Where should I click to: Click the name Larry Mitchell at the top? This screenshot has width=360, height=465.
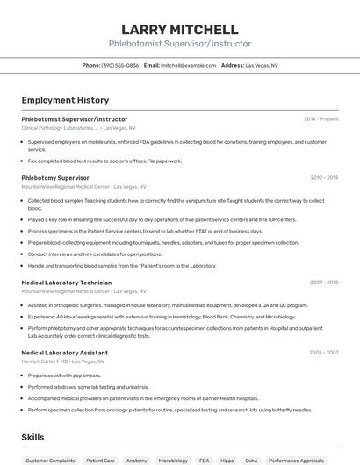[179, 30]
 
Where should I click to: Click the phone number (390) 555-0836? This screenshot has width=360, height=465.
[119, 65]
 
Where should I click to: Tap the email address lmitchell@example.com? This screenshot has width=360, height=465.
[187, 65]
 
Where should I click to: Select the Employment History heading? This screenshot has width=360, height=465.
[65, 100]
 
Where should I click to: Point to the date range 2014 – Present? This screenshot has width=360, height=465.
[320, 118]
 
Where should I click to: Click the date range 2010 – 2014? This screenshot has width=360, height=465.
[324, 177]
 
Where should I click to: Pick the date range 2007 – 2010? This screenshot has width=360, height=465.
[324, 283]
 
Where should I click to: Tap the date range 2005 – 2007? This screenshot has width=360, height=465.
[324, 352]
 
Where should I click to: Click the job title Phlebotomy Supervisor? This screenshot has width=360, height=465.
[55, 177]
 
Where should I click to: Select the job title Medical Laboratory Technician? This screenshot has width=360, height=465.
[67, 283]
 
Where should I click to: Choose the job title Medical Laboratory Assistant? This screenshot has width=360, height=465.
[65, 352]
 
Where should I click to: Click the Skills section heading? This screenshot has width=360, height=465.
[33, 436]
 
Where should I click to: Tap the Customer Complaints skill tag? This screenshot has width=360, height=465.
[50, 460]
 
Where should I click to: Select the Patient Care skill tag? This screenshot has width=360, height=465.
[100, 460]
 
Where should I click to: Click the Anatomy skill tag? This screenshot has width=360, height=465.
[136, 460]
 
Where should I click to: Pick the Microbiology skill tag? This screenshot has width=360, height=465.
[173, 460]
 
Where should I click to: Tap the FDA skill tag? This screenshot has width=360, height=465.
[205, 460]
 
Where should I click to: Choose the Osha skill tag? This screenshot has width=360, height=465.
[251, 460]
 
